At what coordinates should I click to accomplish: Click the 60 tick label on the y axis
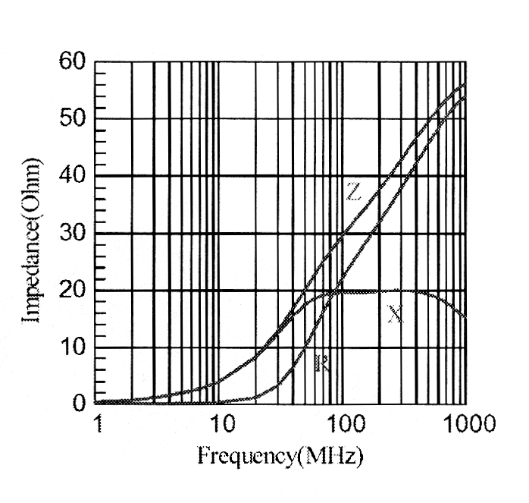coord(74,61)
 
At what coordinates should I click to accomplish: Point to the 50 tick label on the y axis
coord(74,119)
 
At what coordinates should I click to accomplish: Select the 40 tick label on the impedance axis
coord(74,176)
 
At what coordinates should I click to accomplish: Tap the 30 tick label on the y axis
coord(74,234)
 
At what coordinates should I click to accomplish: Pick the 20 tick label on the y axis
coord(74,291)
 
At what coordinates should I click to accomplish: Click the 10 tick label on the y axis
coord(74,348)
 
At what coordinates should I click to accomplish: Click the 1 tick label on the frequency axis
coord(96,423)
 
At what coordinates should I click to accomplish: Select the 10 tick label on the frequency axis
coord(219,423)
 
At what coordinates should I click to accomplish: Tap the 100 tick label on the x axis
coord(343,423)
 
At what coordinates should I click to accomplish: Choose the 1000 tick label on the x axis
coord(464,423)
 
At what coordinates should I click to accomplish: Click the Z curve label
coord(352,193)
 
